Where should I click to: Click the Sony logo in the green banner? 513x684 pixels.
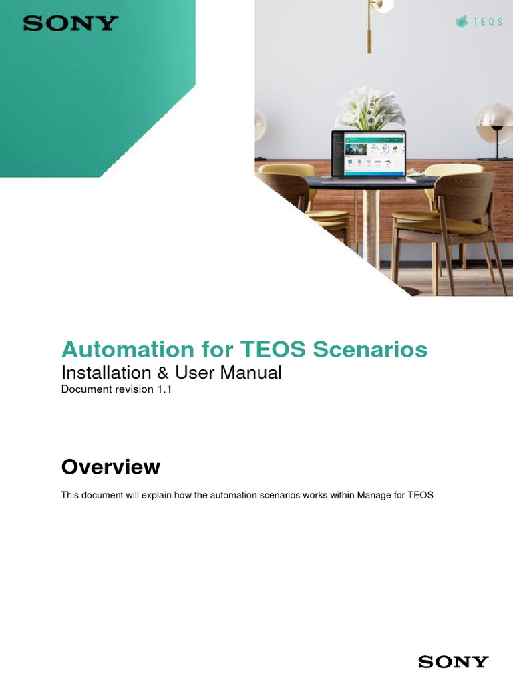coord(70,24)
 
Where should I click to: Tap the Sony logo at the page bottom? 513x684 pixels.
coord(453,662)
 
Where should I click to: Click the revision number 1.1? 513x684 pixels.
coord(165,389)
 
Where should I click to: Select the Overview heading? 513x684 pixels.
coord(111,467)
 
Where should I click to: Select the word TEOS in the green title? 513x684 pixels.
coord(273,349)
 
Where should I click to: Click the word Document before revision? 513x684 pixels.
coord(83,389)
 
